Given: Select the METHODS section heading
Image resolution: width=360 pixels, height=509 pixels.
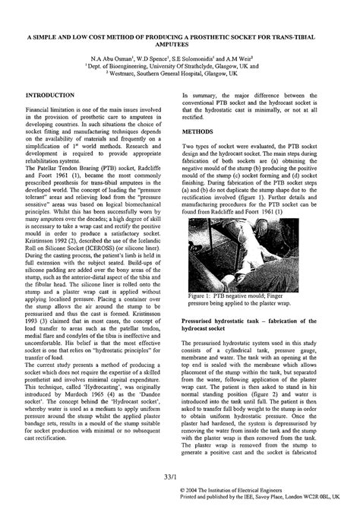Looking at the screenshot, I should coord(201,131).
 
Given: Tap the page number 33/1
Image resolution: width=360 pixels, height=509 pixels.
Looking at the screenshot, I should coord(180,478).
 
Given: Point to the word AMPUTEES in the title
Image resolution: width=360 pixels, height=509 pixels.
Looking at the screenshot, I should coord(179,44).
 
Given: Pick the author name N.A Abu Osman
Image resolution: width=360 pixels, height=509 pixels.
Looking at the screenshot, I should coord(115,58).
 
